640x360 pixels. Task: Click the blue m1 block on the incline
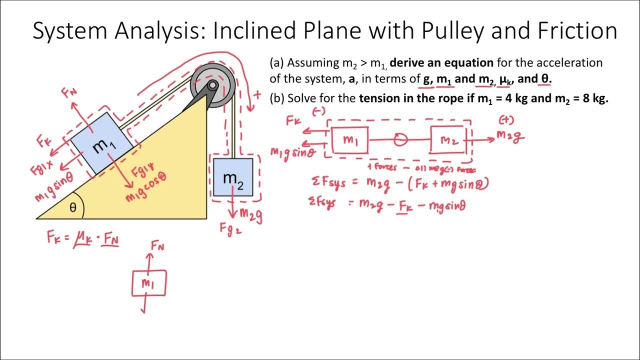[x=102, y=144]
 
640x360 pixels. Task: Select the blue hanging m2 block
[x=233, y=177]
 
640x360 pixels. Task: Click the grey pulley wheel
[x=213, y=85]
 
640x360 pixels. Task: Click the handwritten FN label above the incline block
[x=69, y=93]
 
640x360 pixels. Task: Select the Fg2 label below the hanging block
[x=231, y=229]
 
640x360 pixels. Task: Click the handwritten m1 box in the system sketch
[x=350, y=140]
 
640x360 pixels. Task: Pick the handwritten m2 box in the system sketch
[x=448, y=140]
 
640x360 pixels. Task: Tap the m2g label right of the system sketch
[x=510, y=136]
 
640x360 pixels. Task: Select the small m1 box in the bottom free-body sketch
[x=148, y=283]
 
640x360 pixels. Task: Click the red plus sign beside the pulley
[x=257, y=94]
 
